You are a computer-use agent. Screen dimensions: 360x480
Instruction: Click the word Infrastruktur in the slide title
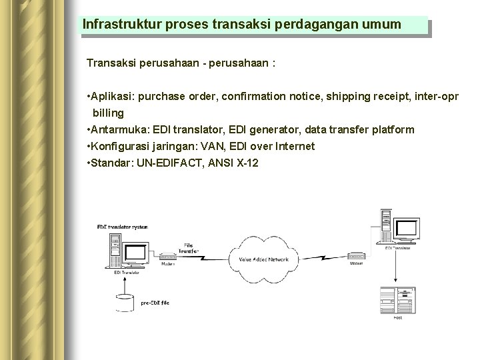(115, 25)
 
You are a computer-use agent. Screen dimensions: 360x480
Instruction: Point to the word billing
(109, 113)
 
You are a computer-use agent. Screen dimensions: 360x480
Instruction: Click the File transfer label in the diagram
(190, 248)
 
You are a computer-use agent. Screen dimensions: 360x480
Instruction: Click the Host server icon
(396, 301)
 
